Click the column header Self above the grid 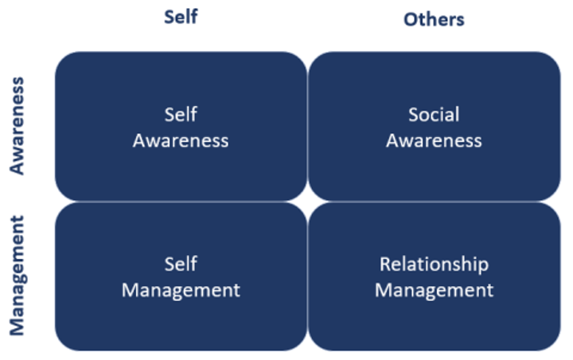tap(181, 17)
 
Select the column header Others tap(434, 19)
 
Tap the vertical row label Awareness tap(17, 126)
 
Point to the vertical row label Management tap(18, 276)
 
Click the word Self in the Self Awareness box tap(181, 115)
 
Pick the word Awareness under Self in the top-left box tap(181, 141)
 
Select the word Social tap(434, 115)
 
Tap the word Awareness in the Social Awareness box tap(434, 141)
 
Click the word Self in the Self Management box tap(181, 264)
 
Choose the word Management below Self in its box tap(181, 291)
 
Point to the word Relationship tap(434, 264)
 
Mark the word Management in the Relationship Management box tap(434, 291)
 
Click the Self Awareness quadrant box tap(181, 126)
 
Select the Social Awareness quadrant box tap(435, 126)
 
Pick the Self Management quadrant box tap(181, 276)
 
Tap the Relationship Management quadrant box tap(435, 276)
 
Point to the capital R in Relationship tap(385, 264)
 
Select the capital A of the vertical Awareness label tap(17, 167)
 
